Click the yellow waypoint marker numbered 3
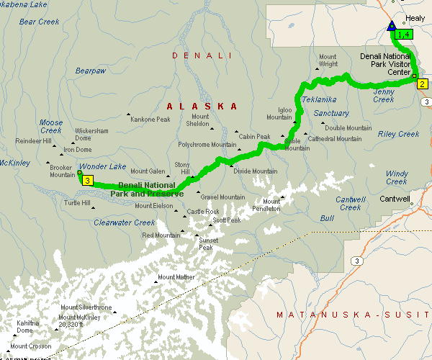(x=88, y=180)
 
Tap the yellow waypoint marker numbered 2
(x=423, y=84)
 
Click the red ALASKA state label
(x=202, y=106)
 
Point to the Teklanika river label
(x=319, y=99)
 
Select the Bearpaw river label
(x=91, y=71)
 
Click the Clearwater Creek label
(x=124, y=222)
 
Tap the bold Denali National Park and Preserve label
(x=147, y=190)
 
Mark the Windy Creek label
(x=397, y=177)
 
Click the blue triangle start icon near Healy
(x=392, y=27)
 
